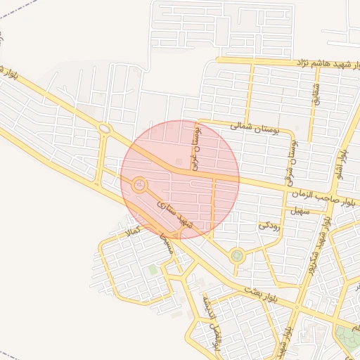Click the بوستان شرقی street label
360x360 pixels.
[x=292, y=161]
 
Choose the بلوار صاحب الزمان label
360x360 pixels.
[x=323, y=199]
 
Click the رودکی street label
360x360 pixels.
[x=269, y=226]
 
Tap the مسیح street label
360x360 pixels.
[x=166, y=244]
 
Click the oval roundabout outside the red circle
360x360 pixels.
[x=105, y=129]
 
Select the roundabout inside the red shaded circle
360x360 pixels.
[x=139, y=185]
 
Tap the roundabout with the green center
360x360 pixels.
[x=237, y=256]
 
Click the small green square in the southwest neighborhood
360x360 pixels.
[x=153, y=269]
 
